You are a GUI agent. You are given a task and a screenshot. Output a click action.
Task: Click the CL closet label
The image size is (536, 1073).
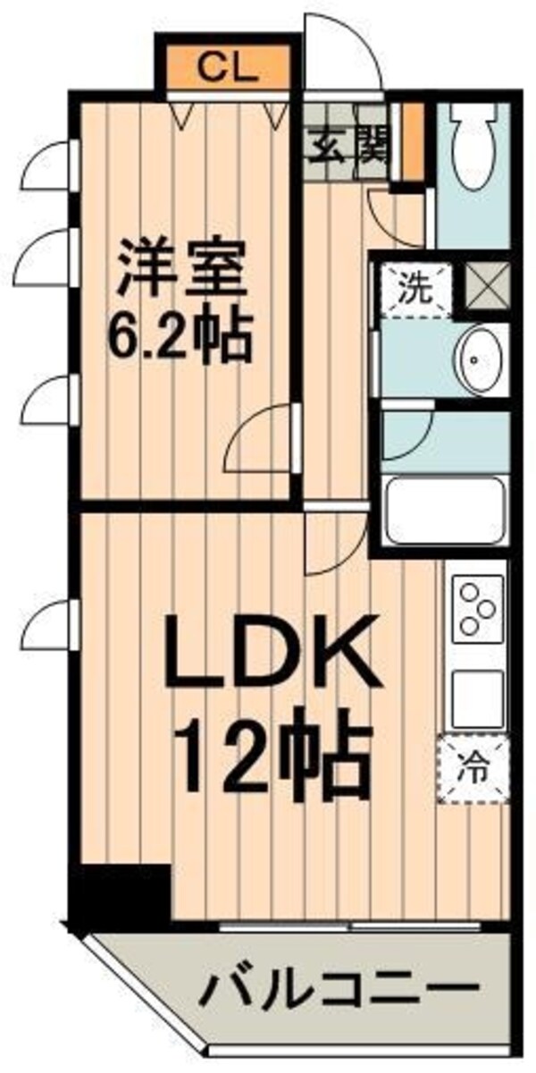click(226, 66)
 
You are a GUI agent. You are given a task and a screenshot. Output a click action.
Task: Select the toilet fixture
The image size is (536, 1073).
click(473, 143)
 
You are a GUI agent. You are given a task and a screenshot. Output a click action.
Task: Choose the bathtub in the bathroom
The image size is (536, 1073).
click(444, 511)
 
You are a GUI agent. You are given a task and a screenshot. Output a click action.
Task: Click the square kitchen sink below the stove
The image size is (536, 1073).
click(476, 697)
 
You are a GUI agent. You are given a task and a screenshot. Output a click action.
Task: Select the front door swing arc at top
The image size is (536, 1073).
click(344, 49)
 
